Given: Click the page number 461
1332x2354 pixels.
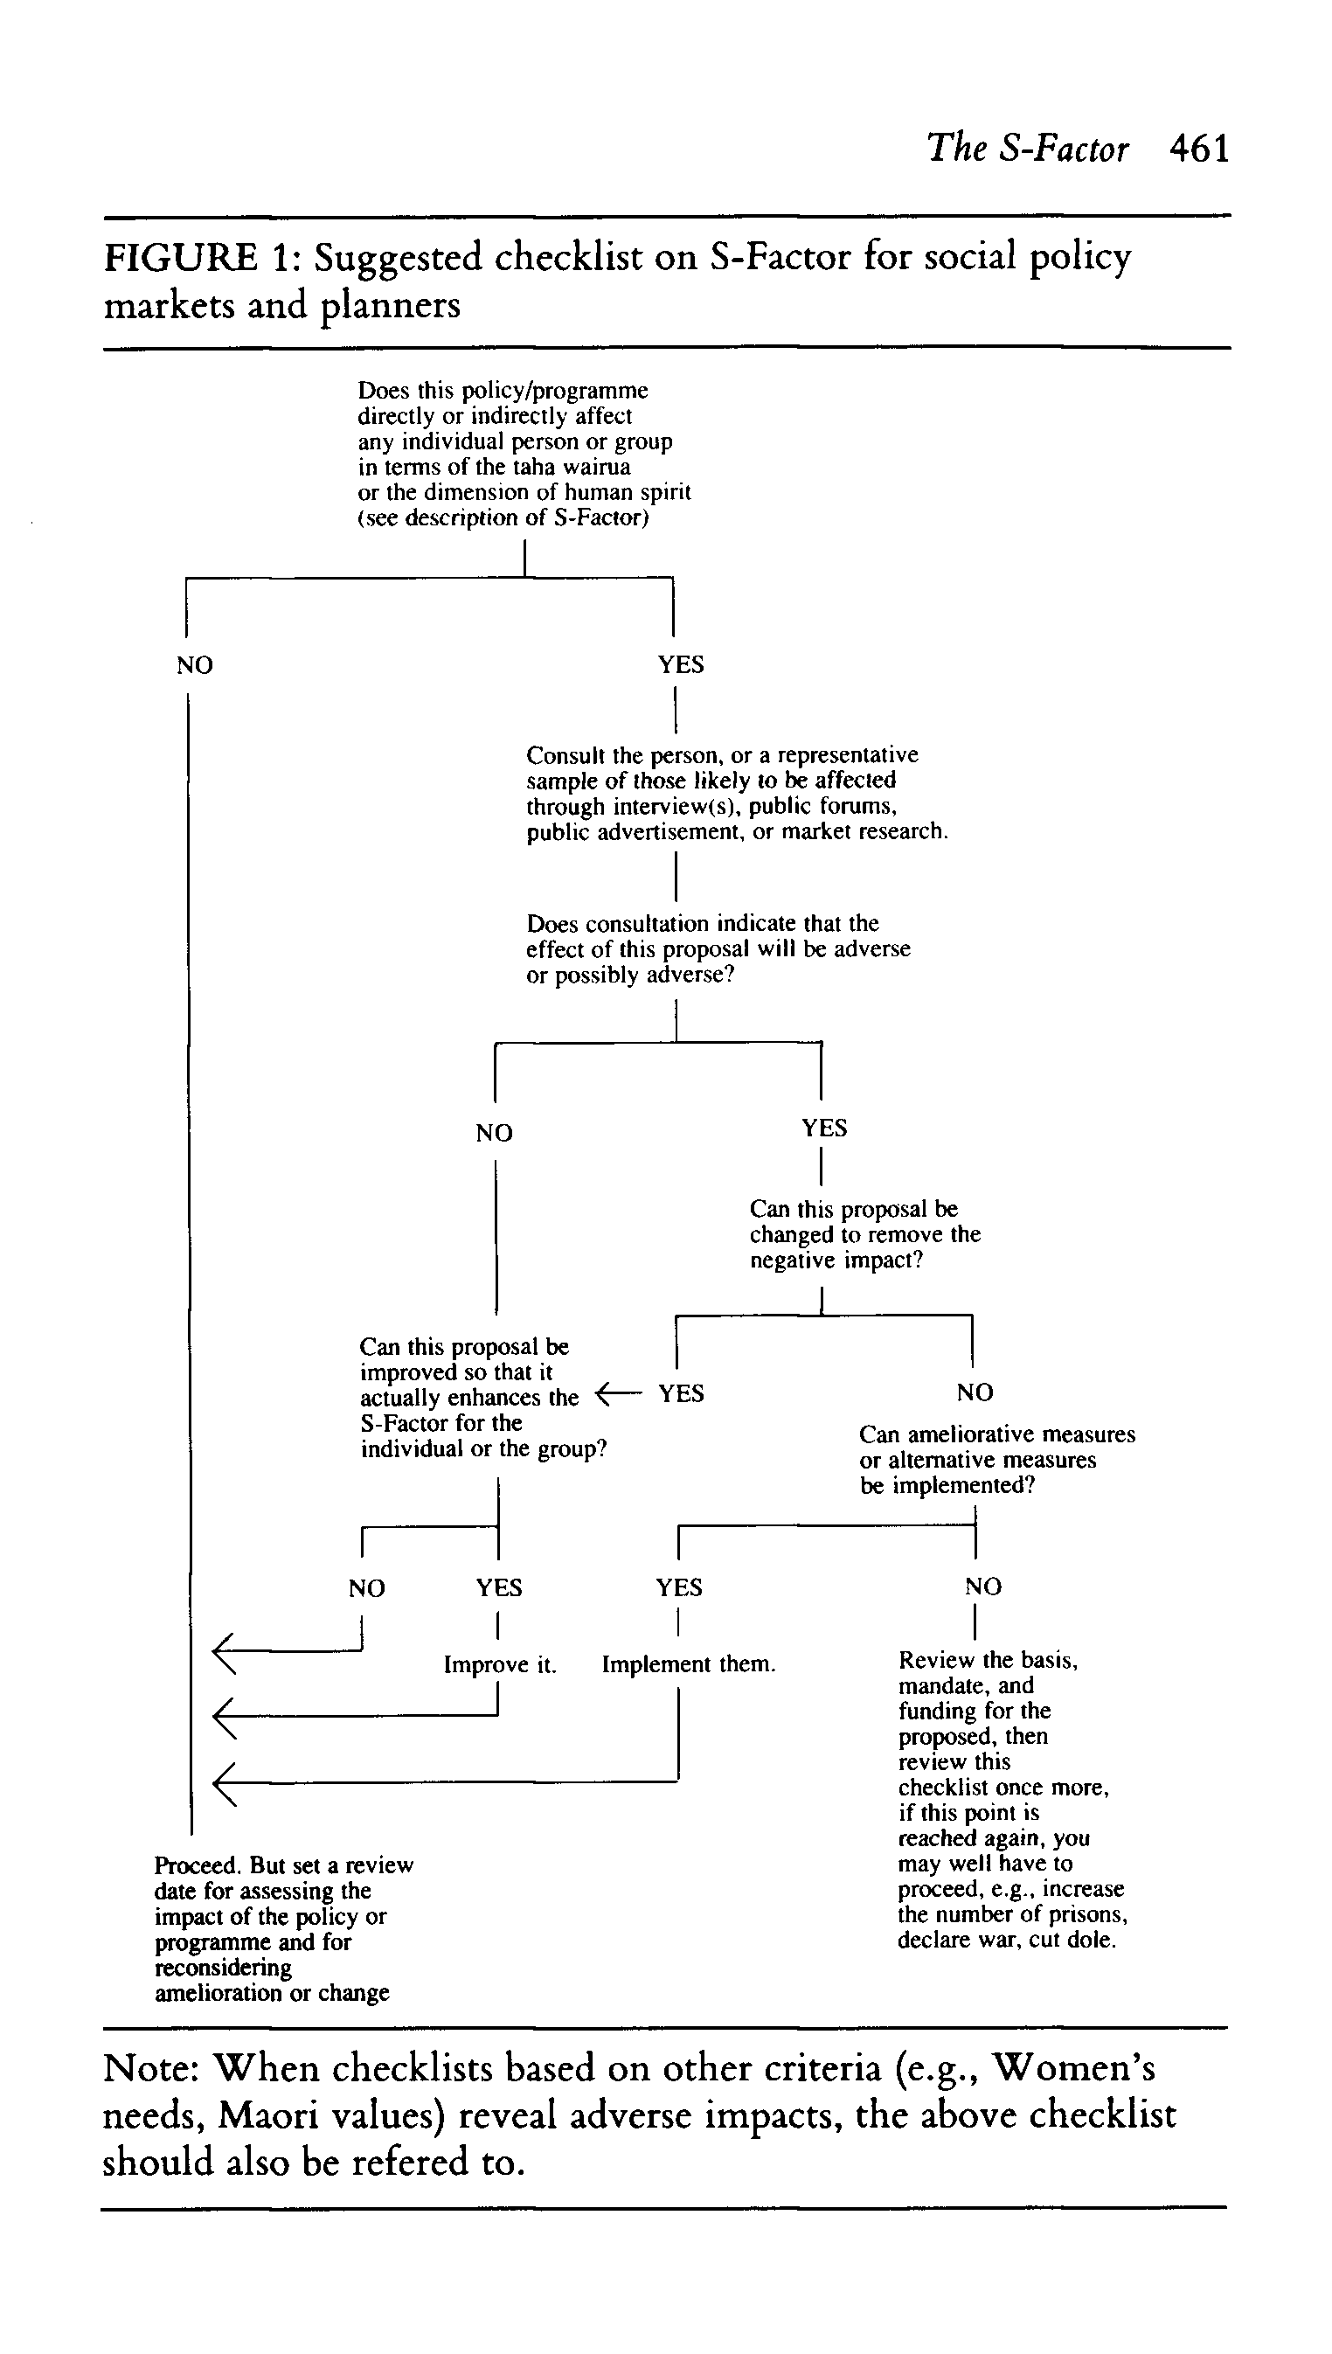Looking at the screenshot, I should [x=1199, y=149].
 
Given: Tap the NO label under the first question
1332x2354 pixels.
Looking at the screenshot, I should [x=195, y=665].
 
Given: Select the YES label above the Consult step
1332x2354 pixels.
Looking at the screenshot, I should [x=681, y=664].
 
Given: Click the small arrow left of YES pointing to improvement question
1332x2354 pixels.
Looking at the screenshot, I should [x=614, y=1394].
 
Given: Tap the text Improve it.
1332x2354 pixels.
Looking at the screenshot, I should [x=500, y=1664].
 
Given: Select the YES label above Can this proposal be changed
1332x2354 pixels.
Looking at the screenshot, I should [x=824, y=1128].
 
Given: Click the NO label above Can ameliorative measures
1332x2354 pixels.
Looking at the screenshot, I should [x=975, y=1392].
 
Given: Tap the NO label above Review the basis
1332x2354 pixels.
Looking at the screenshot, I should [x=982, y=1587].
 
